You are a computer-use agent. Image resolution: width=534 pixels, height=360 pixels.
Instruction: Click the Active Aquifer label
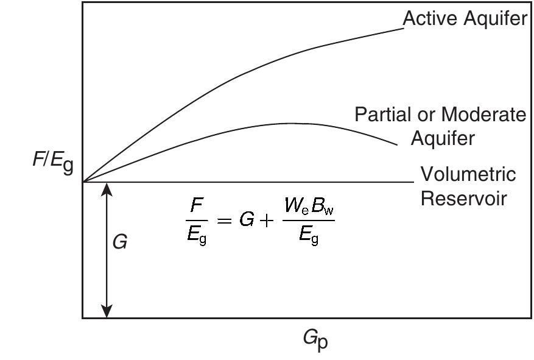(465, 18)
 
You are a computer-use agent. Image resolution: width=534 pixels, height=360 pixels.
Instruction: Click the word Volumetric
(468, 174)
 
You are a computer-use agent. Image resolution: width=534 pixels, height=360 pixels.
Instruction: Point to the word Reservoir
(464, 198)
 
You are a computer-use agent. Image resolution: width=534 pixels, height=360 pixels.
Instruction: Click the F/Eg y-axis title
(53, 161)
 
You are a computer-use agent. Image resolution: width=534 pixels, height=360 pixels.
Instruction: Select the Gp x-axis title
(315, 341)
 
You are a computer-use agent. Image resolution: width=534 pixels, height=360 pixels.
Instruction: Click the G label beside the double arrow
(119, 242)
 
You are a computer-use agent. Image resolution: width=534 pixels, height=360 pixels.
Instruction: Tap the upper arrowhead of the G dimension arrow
(107, 189)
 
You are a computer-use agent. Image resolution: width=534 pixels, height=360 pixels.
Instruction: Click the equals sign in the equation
(225, 221)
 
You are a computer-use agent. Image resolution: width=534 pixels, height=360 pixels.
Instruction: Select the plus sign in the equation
(266, 221)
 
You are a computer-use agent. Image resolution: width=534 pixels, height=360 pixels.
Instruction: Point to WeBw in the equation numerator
(309, 206)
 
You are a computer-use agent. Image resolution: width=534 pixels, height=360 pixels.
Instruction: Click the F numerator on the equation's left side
(197, 205)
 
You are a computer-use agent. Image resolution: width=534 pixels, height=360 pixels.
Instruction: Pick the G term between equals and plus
(247, 220)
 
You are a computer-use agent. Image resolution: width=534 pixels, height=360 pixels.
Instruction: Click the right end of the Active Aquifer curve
(404, 29)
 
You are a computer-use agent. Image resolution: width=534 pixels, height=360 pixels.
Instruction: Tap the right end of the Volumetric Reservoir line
(414, 182)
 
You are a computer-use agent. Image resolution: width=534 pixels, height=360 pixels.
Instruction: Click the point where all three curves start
(83, 182)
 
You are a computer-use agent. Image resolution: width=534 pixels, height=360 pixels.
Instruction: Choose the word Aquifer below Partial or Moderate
(443, 138)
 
